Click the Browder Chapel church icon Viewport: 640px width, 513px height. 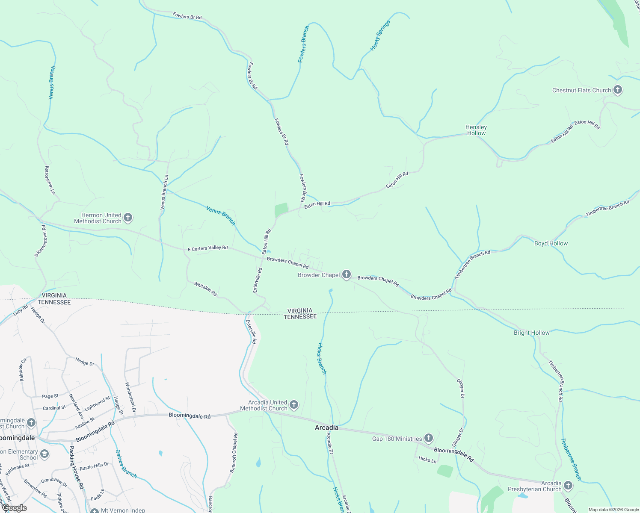pos(347,274)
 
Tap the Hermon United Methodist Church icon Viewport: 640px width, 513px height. pos(127,218)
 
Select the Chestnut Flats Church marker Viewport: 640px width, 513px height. pos(617,90)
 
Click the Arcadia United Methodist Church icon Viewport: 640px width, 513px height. pos(294,404)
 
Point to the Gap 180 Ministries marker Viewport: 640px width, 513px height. pos(429,438)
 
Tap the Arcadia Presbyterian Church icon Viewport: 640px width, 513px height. pos(568,486)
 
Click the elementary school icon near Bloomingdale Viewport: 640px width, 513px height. pos(44,454)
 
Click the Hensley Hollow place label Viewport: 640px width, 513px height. pos(476,130)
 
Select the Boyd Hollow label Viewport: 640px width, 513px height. pos(551,243)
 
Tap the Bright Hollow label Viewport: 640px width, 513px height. pos(531,333)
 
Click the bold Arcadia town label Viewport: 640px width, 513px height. pos(326,427)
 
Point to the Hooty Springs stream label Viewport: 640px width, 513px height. pos(380,36)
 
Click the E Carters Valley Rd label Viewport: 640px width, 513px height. pos(208,248)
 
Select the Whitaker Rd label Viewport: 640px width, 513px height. pos(205,289)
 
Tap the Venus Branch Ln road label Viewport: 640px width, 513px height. pos(164,192)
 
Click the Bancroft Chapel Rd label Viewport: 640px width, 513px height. pos(234,452)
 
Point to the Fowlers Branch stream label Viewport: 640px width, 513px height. pos(303,44)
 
